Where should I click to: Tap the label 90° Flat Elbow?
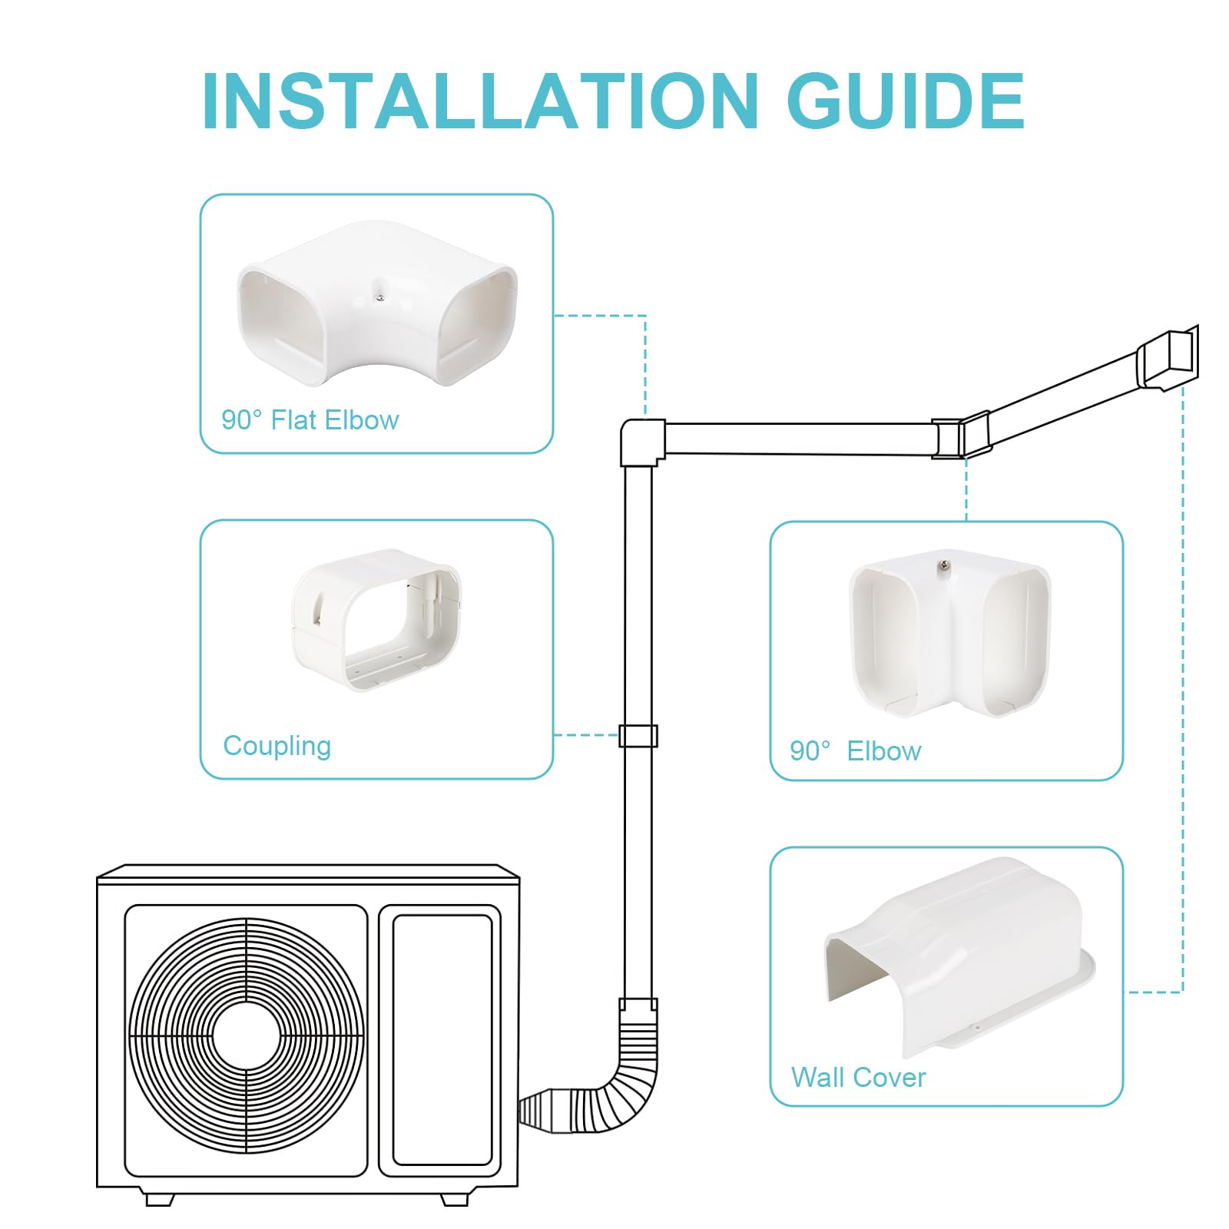tap(310, 420)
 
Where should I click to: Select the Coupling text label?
tap(277, 746)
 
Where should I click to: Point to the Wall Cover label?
tap(858, 1077)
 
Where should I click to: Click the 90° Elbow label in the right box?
tap(855, 750)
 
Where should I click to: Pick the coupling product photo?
tap(376, 619)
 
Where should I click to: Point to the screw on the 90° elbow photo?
tap(942, 568)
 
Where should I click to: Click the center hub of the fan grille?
tap(247, 1036)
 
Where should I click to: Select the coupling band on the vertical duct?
tap(638, 735)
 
